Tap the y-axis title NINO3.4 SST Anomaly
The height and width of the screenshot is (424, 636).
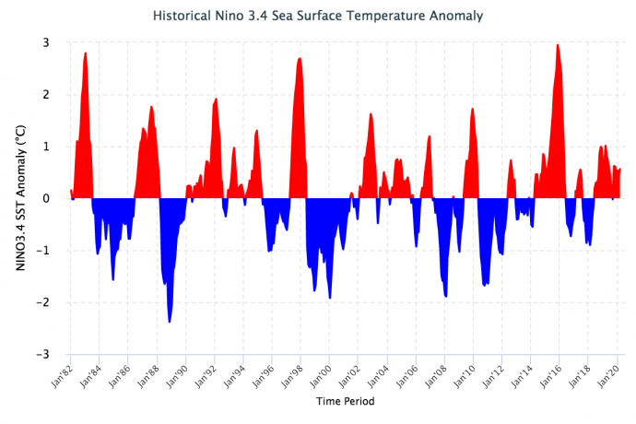(20, 197)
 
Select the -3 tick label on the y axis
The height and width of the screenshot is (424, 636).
(42, 354)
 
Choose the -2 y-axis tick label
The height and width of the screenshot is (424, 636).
(42, 302)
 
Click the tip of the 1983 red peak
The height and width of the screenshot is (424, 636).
(86, 53)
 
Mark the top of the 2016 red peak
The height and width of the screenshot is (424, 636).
(557, 44)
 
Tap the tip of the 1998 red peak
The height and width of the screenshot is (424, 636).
(300, 58)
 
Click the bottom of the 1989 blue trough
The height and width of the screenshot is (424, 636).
(170, 322)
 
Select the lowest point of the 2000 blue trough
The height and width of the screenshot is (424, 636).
(330, 299)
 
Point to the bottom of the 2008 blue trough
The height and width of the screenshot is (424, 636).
(446, 297)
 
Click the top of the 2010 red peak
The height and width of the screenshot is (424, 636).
(473, 108)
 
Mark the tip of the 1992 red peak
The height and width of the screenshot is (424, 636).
(216, 98)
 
